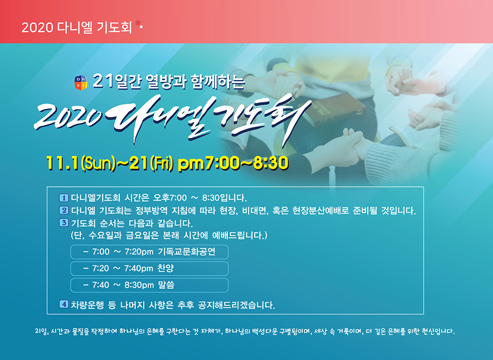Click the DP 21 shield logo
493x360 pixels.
click(81, 83)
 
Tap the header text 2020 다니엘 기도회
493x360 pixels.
click(77, 28)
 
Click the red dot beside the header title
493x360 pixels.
click(138, 23)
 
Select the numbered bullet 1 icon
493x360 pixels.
click(64, 198)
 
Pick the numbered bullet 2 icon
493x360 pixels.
click(64, 211)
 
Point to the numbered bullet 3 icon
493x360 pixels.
click(64, 223)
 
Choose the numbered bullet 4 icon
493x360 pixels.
click(64, 304)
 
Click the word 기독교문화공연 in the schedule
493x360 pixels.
click(187, 252)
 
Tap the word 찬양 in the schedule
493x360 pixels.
click(166, 268)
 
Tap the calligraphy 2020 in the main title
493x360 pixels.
click(68, 117)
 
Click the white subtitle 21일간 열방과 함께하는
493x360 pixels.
click(169, 82)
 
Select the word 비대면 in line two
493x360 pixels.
click(254, 211)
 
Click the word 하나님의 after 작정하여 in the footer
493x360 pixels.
click(132, 331)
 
